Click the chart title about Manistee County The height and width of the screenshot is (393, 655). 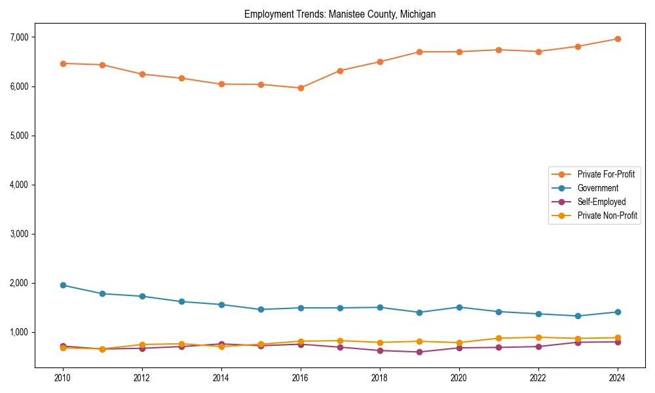(x=340, y=14)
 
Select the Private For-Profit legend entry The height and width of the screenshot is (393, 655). (x=606, y=174)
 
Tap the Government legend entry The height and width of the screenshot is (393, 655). (x=597, y=188)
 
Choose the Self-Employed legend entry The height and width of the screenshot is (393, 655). (x=601, y=202)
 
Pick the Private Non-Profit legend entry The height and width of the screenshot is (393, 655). (x=607, y=215)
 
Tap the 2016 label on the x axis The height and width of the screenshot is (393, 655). (x=300, y=378)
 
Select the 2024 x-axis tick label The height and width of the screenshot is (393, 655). (x=617, y=378)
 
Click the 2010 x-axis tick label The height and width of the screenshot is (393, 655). (x=63, y=378)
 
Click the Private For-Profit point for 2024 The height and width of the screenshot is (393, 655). (x=617, y=39)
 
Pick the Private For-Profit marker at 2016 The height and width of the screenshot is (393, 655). (x=300, y=88)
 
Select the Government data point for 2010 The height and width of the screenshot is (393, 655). (x=63, y=285)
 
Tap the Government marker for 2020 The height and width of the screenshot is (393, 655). (x=458, y=307)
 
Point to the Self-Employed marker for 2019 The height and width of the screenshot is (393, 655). (x=419, y=352)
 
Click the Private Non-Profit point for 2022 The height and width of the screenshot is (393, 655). (x=538, y=337)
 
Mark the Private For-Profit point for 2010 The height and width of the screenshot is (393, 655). (x=63, y=64)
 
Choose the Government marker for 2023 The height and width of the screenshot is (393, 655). (x=578, y=316)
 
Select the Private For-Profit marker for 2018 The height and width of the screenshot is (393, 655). (x=379, y=62)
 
